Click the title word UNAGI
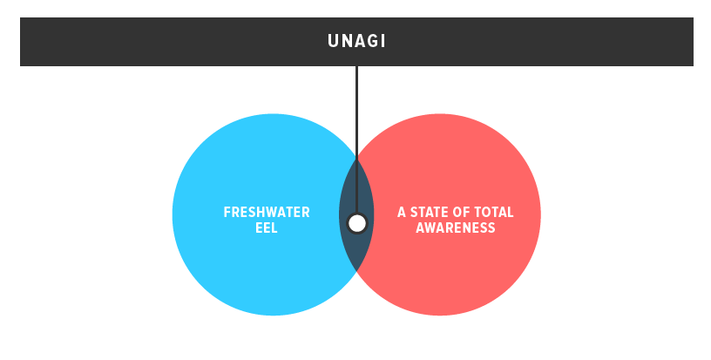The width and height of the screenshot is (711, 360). [x=356, y=41]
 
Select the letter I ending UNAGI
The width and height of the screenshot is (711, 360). [x=383, y=41]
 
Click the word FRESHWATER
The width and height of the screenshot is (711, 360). [x=267, y=212]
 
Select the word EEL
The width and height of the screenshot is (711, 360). [x=267, y=228]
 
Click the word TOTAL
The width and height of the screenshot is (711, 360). [x=495, y=212]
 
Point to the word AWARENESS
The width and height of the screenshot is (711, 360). [x=456, y=228]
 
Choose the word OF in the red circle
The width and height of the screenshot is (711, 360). [x=464, y=212]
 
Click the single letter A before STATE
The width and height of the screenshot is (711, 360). [x=402, y=212]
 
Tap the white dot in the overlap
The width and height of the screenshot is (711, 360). [x=356, y=223]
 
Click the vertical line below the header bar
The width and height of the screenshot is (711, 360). [x=356, y=113]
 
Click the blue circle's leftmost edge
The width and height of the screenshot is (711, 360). [x=173, y=214]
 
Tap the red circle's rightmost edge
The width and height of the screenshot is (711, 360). [x=539, y=214]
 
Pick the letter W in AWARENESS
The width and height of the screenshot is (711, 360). [x=430, y=228]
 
